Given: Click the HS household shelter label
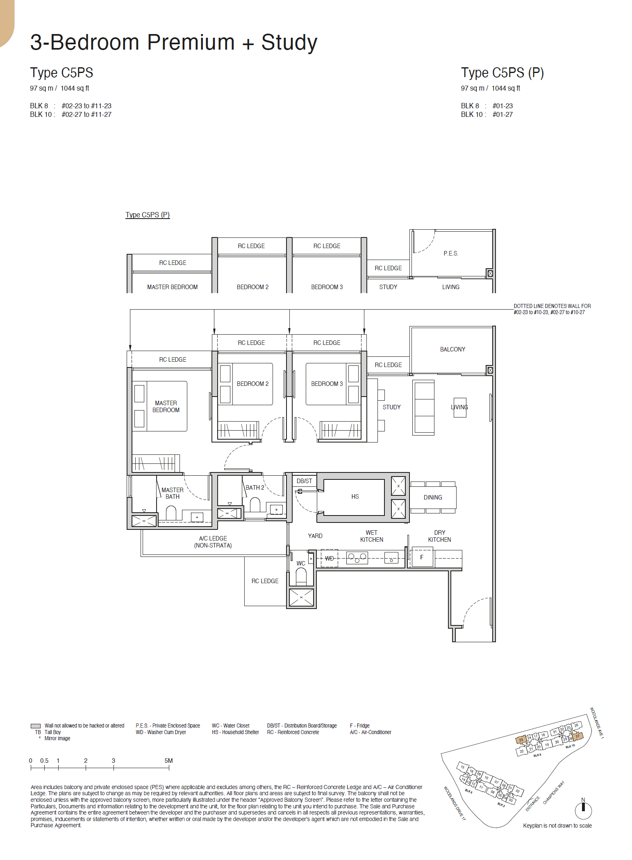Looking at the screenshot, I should [x=355, y=497].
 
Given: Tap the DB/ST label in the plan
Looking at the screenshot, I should [x=304, y=481].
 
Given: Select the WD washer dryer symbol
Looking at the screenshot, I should [x=330, y=559].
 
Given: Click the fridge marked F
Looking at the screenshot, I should [x=422, y=558].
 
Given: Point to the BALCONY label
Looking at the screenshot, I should [x=452, y=349].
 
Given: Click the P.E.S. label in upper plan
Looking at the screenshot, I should [x=451, y=253].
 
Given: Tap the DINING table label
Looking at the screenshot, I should [x=433, y=497].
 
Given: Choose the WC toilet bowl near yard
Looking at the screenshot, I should [x=301, y=576].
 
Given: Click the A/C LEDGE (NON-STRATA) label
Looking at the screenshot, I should [x=213, y=542].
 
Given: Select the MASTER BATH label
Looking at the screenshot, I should [x=172, y=493].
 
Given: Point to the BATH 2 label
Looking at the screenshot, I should [x=255, y=488].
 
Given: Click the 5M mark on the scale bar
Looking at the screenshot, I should [x=168, y=761].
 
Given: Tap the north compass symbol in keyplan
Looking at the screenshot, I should [x=583, y=810].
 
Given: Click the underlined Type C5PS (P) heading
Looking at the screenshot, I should [x=148, y=215].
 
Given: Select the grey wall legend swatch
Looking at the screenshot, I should [x=36, y=726].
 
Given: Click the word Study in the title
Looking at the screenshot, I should [x=289, y=43].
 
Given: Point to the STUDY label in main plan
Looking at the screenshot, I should [x=391, y=407].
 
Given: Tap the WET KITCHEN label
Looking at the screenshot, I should [x=372, y=536].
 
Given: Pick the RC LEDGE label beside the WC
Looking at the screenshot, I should [x=265, y=581].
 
